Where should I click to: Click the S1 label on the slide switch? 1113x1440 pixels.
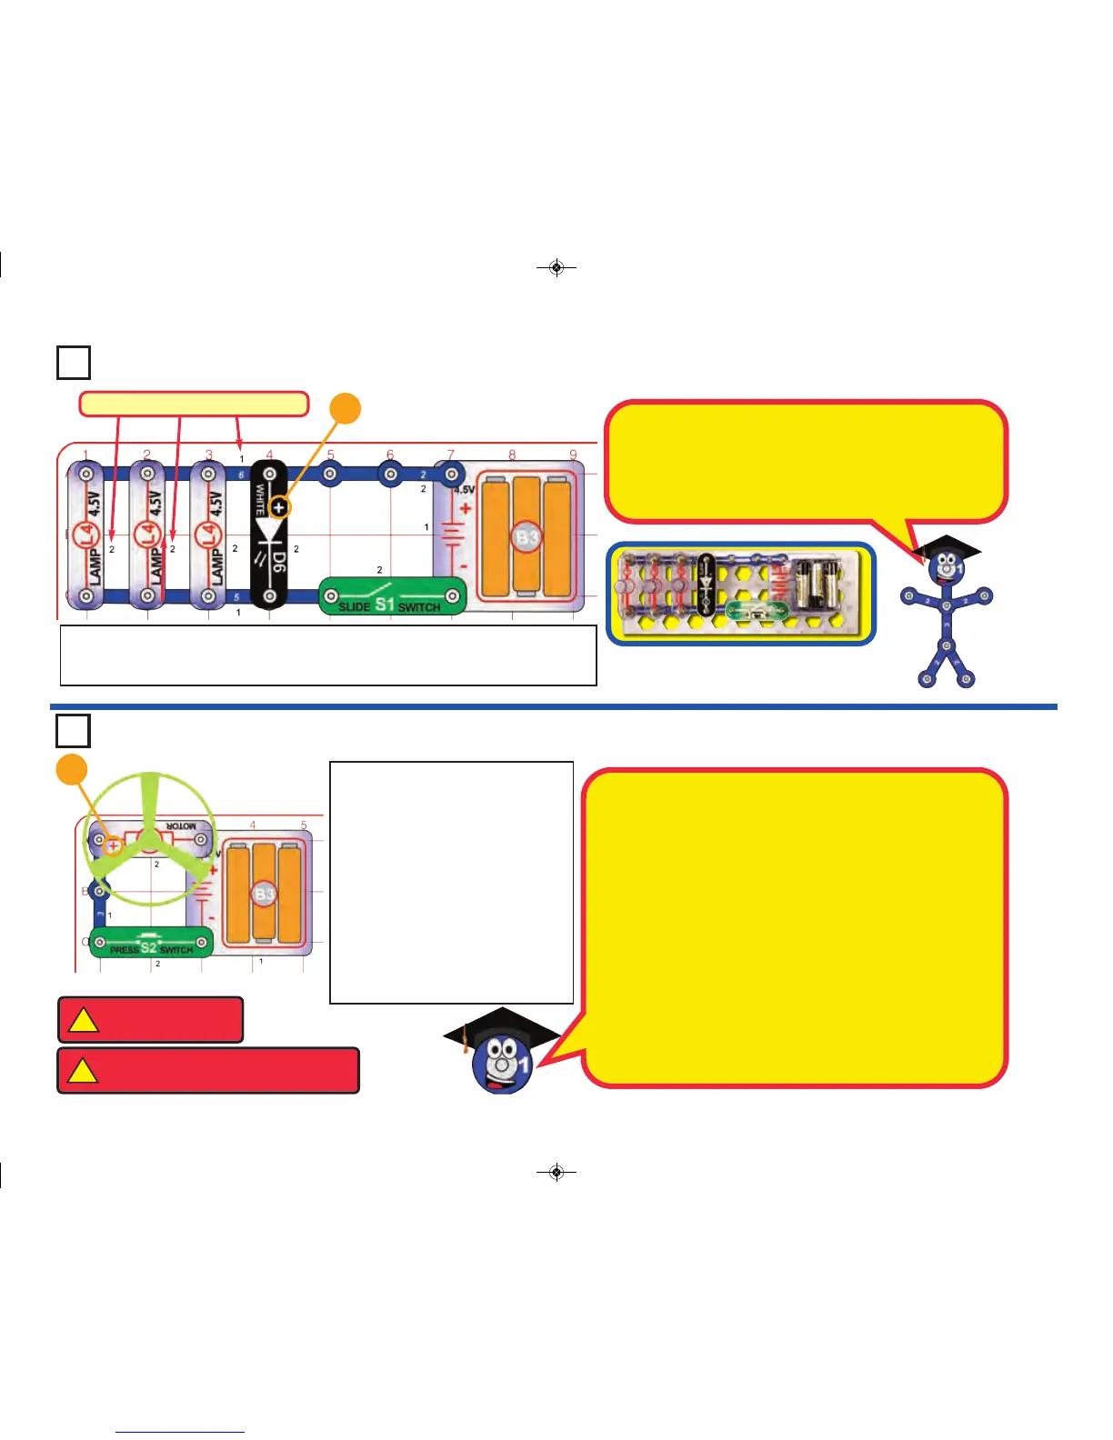tap(385, 604)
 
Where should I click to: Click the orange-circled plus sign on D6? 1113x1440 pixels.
tap(278, 507)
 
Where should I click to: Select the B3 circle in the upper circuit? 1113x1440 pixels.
tap(527, 537)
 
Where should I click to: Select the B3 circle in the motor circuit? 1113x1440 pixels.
tap(264, 894)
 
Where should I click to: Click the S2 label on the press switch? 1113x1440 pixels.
tap(148, 948)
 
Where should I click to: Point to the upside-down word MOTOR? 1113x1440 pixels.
tap(180, 826)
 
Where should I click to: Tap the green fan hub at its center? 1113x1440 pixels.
tap(150, 839)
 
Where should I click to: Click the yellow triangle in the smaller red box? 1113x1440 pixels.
tap(84, 1020)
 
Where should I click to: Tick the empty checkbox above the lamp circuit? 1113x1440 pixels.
tap(74, 362)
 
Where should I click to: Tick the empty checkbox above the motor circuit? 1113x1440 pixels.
tap(74, 731)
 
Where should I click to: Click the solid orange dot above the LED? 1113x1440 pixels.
tap(345, 409)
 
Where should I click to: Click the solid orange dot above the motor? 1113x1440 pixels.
tap(72, 769)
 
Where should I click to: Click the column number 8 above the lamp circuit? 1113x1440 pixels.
tap(512, 455)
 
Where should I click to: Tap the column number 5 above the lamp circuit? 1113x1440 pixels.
tap(330, 455)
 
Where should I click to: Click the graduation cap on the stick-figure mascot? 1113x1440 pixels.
tap(947, 547)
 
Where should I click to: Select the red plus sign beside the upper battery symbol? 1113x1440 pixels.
tap(465, 508)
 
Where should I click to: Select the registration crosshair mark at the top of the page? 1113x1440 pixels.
tap(556, 267)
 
